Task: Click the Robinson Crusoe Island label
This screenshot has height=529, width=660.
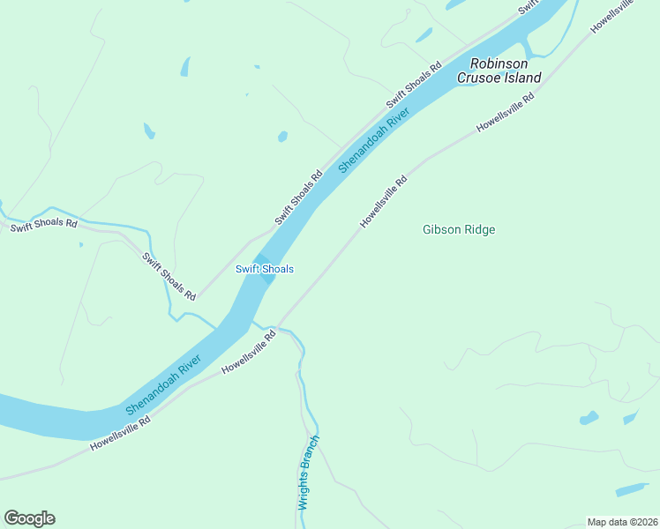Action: [x=499, y=71]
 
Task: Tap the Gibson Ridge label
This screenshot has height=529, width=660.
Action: [x=459, y=230]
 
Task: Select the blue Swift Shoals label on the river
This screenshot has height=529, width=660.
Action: [x=264, y=269]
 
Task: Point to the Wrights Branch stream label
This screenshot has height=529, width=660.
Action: [x=309, y=473]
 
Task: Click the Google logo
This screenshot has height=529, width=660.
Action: [x=29, y=518]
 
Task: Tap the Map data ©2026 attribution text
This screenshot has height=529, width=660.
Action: [x=623, y=522]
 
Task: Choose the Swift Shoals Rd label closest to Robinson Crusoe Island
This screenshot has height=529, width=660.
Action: [x=414, y=86]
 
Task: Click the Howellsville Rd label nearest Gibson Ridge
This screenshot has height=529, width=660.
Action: [x=384, y=202]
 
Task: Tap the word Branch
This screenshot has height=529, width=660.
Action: [x=311, y=458]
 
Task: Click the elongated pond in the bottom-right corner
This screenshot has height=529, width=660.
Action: [x=632, y=489]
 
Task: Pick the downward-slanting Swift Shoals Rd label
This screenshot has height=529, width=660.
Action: [x=169, y=276]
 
